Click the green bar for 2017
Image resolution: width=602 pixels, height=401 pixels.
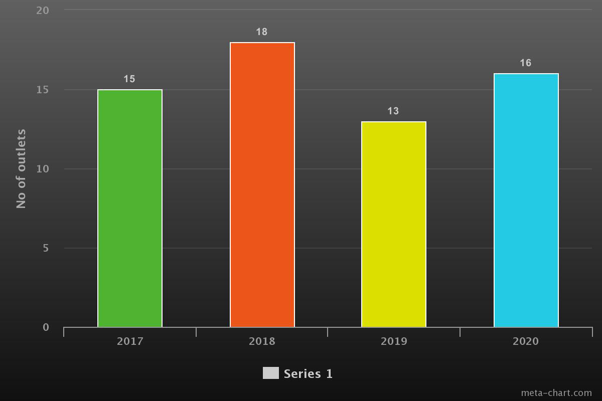coord(130,208)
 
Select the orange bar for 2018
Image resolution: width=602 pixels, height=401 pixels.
coord(262,184)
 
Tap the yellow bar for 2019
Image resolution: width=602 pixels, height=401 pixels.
coord(394,224)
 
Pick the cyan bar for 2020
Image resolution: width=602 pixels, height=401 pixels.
coord(526,200)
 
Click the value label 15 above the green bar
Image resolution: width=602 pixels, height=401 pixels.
coord(129,79)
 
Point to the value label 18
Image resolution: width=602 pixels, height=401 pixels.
coord(261,32)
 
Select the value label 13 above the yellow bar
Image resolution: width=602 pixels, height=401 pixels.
coord(393,111)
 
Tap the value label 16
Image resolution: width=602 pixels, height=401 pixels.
coord(525,63)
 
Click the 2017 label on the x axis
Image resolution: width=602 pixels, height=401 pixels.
coord(130,342)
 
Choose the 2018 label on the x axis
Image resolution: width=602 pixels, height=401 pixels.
coord(262,342)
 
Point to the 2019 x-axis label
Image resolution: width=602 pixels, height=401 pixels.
coord(394,342)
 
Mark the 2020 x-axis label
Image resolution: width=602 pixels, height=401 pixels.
coord(526,342)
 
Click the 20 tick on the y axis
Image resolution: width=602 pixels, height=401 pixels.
coord(43,10)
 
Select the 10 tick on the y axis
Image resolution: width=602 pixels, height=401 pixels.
coord(43,169)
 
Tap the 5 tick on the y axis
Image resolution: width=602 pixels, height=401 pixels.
coord(46,248)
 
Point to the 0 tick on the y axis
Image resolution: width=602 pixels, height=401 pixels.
coord(46,327)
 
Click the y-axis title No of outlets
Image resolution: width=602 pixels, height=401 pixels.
coord(21,169)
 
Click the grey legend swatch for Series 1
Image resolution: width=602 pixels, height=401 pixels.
coord(271,373)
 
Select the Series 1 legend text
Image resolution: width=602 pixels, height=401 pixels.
coord(308,374)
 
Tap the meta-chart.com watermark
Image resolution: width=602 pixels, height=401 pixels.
coord(556,393)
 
